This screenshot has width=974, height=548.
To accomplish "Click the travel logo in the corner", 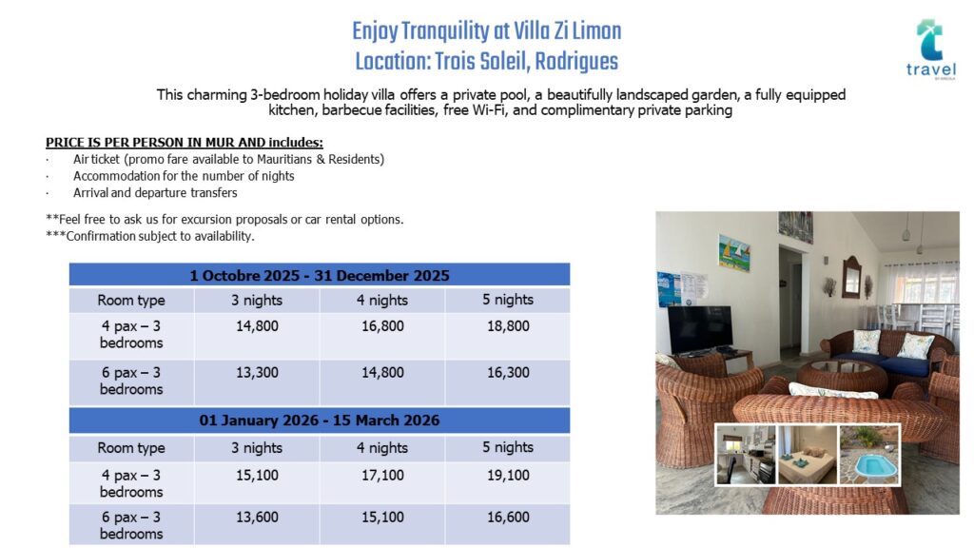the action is click(x=930, y=49).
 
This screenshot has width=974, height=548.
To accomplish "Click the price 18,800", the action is click(x=508, y=326).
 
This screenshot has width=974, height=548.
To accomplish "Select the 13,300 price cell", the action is click(x=257, y=373).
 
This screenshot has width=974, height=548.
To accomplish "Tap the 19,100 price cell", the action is click(x=508, y=476).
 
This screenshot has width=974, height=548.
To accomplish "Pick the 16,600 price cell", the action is click(x=508, y=517).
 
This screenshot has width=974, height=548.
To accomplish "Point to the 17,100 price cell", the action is click(x=382, y=476).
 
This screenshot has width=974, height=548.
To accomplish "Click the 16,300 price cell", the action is click(x=508, y=373).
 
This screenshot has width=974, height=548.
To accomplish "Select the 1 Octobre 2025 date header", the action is click(x=320, y=275).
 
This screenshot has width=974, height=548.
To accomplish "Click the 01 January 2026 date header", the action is click(x=320, y=420).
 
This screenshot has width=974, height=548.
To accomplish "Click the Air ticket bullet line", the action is click(x=228, y=160).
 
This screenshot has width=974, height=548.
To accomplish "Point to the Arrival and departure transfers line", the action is click(x=155, y=192).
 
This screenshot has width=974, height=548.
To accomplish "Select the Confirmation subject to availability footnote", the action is click(x=149, y=236).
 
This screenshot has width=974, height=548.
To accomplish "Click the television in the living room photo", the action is click(x=700, y=330).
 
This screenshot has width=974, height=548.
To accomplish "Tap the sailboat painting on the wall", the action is click(x=734, y=252).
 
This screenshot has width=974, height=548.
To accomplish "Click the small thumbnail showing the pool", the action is click(x=868, y=455).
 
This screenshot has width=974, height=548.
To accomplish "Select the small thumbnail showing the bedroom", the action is click(x=808, y=455).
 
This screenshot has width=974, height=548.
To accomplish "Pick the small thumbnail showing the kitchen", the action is click(x=746, y=455).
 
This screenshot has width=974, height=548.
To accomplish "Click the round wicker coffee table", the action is click(x=842, y=376).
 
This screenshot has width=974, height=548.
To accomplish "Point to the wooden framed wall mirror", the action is click(x=851, y=278).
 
